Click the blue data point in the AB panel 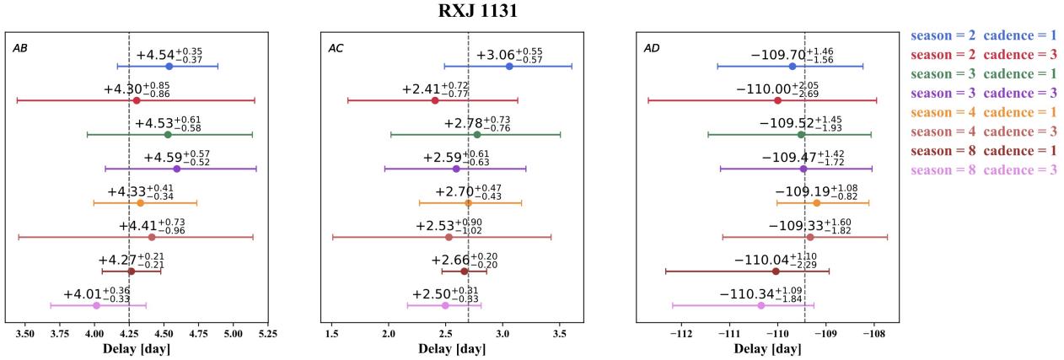pos(169,66)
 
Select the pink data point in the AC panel pos(445,305)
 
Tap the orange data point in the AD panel pos(816,202)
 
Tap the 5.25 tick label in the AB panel pos(269,334)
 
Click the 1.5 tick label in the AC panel pos(331,334)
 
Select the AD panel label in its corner pos(652,48)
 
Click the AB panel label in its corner pos(20,48)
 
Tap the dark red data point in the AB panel pos(131,271)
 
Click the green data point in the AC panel pos(477,134)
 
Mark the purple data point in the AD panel pos(803,169)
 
